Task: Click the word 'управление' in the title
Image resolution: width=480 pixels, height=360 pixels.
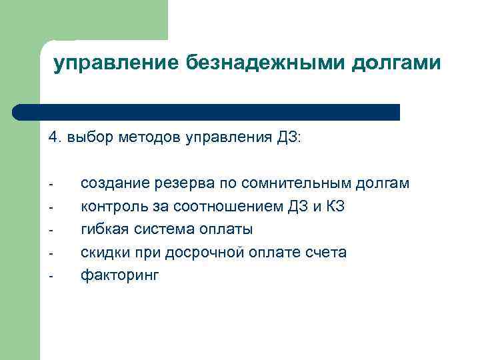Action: pyautogui.click(x=113, y=63)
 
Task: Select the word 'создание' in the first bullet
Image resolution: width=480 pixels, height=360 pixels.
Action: pyautogui.click(x=109, y=183)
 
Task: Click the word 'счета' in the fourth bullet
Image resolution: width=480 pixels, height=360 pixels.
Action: pyautogui.click(x=327, y=253)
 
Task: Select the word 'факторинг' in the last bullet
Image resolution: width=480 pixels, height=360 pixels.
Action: pyautogui.click(x=120, y=275)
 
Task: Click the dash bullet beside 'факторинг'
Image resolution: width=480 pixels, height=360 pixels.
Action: pyautogui.click(x=51, y=276)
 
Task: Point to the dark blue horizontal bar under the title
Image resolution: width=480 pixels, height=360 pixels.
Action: pyautogui.click(x=207, y=112)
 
